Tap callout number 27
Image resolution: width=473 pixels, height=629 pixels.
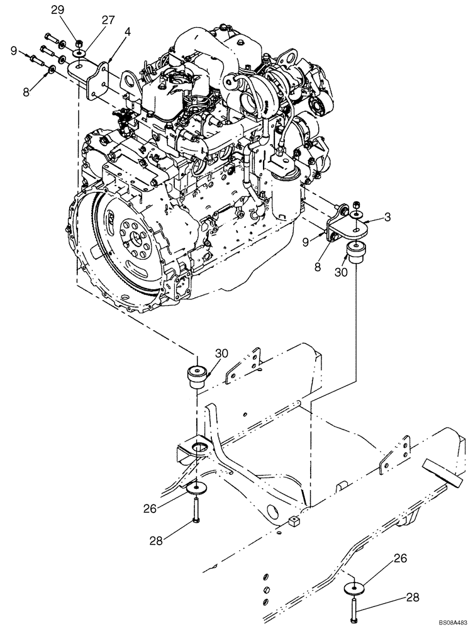(x=108, y=20)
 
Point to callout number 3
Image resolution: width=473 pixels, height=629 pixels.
(x=387, y=218)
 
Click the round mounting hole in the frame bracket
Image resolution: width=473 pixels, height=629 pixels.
(x=199, y=447)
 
